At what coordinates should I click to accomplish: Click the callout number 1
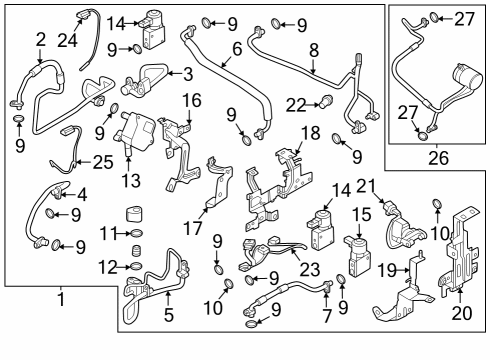click(63, 298)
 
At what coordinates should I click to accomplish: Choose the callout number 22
click(294, 105)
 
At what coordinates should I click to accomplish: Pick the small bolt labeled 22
click(324, 101)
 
